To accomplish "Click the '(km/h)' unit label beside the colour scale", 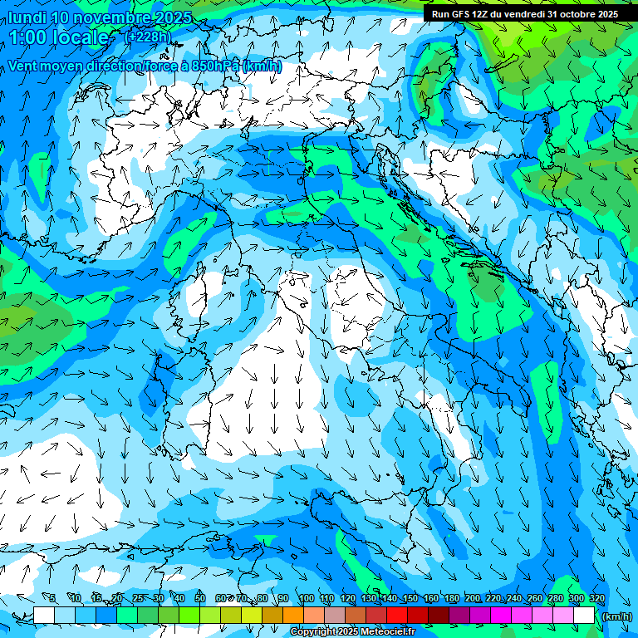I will coord(616,616).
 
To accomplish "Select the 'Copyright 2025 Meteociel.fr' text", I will coord(352,632).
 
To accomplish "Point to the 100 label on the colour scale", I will coord(306,598).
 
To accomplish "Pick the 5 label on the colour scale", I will coord(52,598).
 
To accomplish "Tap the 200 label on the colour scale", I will coord(473,598).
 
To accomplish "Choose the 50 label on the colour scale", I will coord(200,598).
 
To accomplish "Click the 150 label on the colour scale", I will coord(410,598).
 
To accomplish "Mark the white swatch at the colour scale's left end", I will coord(44,616).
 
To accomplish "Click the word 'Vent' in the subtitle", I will coord(25,66).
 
